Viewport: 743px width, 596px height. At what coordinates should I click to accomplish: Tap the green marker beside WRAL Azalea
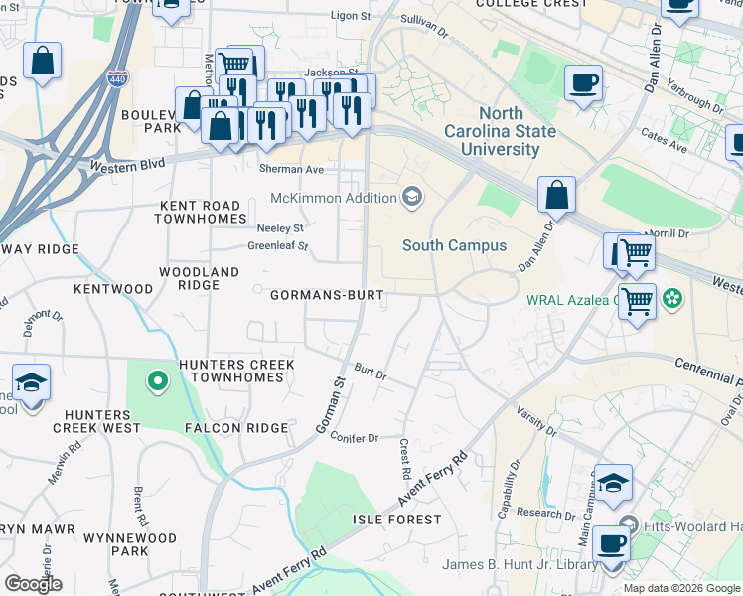(x=672, y=298)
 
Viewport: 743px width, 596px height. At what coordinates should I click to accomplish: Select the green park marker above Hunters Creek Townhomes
(x=156, y=379)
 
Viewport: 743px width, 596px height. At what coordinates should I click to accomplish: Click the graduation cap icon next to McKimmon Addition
(x=412, y=198)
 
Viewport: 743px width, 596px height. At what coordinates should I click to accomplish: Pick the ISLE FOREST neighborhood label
(x=397, y=520)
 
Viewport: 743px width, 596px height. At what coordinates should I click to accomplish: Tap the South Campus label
(x=454, y=245)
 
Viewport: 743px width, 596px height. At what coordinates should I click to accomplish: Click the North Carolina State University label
(x=508, y=132)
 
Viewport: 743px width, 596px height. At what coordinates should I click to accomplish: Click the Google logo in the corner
(x=33, y=584)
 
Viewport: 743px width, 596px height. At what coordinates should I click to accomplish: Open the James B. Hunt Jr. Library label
(x=520, y=565)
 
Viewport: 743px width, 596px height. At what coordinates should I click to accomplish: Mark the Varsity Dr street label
(x=535, y=418)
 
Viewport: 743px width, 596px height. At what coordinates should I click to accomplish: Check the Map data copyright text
(x=681, y=588)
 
